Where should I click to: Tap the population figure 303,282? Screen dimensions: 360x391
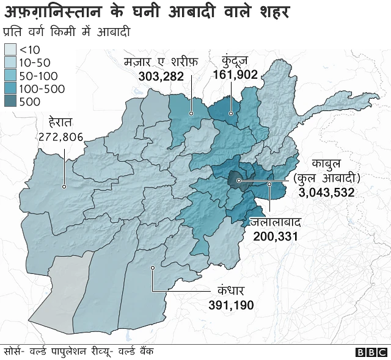(x=156, y=75)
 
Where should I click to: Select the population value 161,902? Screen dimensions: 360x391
(x=236, y=74)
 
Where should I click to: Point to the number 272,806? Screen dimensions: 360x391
(x=60, y=137)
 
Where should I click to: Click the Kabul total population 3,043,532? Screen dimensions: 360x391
(x=327, y=192)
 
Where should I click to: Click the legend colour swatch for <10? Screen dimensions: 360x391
(x=10, y=49)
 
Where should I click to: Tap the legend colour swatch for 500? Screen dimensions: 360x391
(x=10, y=102)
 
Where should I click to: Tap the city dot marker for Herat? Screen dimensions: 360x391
(x=64, y=187)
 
